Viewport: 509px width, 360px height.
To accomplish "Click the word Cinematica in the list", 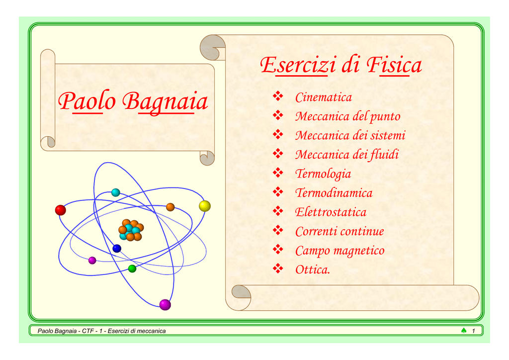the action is pos(323,97).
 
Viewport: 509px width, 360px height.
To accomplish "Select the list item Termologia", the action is pos(323,174).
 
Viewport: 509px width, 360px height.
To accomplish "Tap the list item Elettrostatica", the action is pos(331,212).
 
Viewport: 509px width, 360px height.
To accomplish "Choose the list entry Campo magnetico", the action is pos(339,251).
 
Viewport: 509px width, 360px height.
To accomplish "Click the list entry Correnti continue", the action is pos(339,231).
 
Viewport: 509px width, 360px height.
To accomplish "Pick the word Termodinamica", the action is pos(334,193).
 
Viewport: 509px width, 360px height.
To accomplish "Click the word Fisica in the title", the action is pos(394,65).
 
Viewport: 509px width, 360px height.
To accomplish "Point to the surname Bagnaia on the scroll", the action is pos(165,101).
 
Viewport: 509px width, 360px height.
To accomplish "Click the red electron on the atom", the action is pos(60,210).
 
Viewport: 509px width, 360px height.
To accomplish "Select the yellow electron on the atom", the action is pos(204,206).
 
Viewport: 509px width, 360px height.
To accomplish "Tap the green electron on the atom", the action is pos(132,269).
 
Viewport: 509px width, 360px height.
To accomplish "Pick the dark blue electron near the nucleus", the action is pos(117,249).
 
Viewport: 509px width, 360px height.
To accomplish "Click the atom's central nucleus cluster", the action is pos(131,230).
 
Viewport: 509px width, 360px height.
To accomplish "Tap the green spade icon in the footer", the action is pos(464,331).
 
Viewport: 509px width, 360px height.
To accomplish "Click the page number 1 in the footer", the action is pos(473,331).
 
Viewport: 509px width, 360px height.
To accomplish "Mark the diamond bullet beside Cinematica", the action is pos(278,96).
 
